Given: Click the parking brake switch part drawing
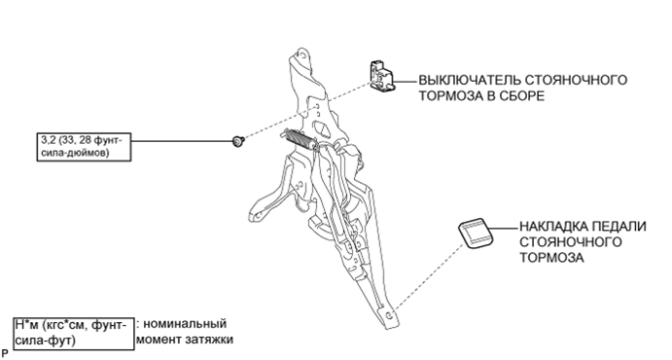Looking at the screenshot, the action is coord(382,76).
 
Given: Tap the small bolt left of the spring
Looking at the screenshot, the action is coord(238,140).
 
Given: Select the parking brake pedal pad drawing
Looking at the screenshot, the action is coord(476,234).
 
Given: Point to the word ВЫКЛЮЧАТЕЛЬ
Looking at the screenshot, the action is coord(470,80).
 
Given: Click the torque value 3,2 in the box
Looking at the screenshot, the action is coord(48,140).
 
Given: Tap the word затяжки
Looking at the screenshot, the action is coord(209,340).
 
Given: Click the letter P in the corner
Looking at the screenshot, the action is coord(5,354).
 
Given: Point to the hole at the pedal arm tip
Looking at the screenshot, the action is coord(388,315).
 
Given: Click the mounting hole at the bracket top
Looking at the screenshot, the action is coord(303,54).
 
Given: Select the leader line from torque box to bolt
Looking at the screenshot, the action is coord(182,140).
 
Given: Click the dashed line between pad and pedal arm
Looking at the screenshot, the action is coord(428,277).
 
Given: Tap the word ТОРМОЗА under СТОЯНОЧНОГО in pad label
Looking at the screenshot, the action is coord(551,258).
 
